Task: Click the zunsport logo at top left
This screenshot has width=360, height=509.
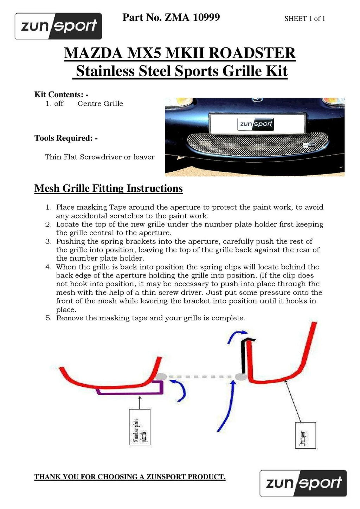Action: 58,26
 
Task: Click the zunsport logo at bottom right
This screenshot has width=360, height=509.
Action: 303,483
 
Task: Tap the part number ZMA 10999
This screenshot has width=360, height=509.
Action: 192,17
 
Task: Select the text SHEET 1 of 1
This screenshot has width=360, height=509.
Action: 304,19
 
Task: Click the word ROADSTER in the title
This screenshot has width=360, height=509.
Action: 252,53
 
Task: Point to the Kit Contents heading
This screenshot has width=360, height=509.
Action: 61,94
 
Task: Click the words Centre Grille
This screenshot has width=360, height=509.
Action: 100,104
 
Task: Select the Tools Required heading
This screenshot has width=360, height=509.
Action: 66,138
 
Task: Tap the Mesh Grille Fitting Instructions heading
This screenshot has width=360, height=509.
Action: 108,189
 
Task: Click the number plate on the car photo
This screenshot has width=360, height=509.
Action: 256,123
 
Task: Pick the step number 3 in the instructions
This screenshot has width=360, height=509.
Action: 49,241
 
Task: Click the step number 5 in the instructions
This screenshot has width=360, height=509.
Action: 49,318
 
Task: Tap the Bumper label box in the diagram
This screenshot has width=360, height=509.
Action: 305,435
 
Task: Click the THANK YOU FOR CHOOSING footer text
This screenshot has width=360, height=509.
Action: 130,477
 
